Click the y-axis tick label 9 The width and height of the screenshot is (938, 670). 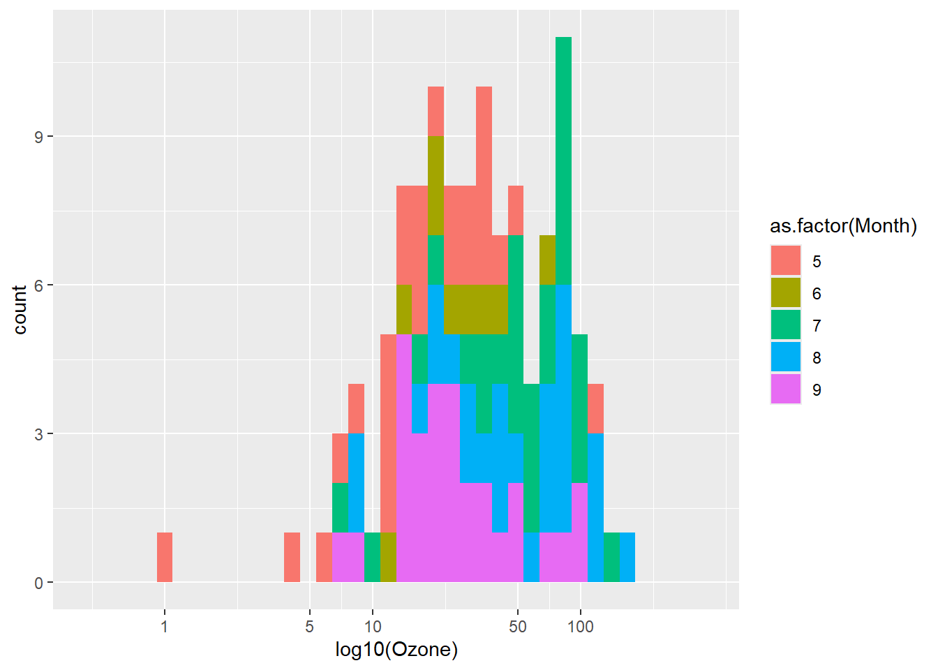[38, 137]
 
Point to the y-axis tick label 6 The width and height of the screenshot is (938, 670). [38, 285]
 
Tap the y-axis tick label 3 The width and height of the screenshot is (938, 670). [38, 434]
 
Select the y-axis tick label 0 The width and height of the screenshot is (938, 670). [38, 583]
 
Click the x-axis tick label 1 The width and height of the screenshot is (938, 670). [164, 626]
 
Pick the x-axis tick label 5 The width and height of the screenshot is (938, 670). [309, 626]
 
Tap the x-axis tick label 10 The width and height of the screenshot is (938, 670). [373, 626]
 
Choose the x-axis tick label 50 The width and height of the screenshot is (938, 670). [517, 626]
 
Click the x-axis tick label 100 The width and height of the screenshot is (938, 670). [581, 626]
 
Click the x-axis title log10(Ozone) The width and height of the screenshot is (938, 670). [396, 650]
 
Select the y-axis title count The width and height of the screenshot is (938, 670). [20, 309]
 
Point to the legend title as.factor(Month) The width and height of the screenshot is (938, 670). [843, 226]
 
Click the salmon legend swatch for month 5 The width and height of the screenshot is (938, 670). [786, 261]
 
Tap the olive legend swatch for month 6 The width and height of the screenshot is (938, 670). [786, 293]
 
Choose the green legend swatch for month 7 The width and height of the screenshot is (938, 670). [786, 325]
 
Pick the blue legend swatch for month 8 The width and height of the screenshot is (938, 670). [786, 357]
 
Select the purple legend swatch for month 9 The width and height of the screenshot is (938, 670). [786, 389]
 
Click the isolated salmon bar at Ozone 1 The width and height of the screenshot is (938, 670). [165, 557]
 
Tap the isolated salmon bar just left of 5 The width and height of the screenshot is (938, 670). [292, 557]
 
